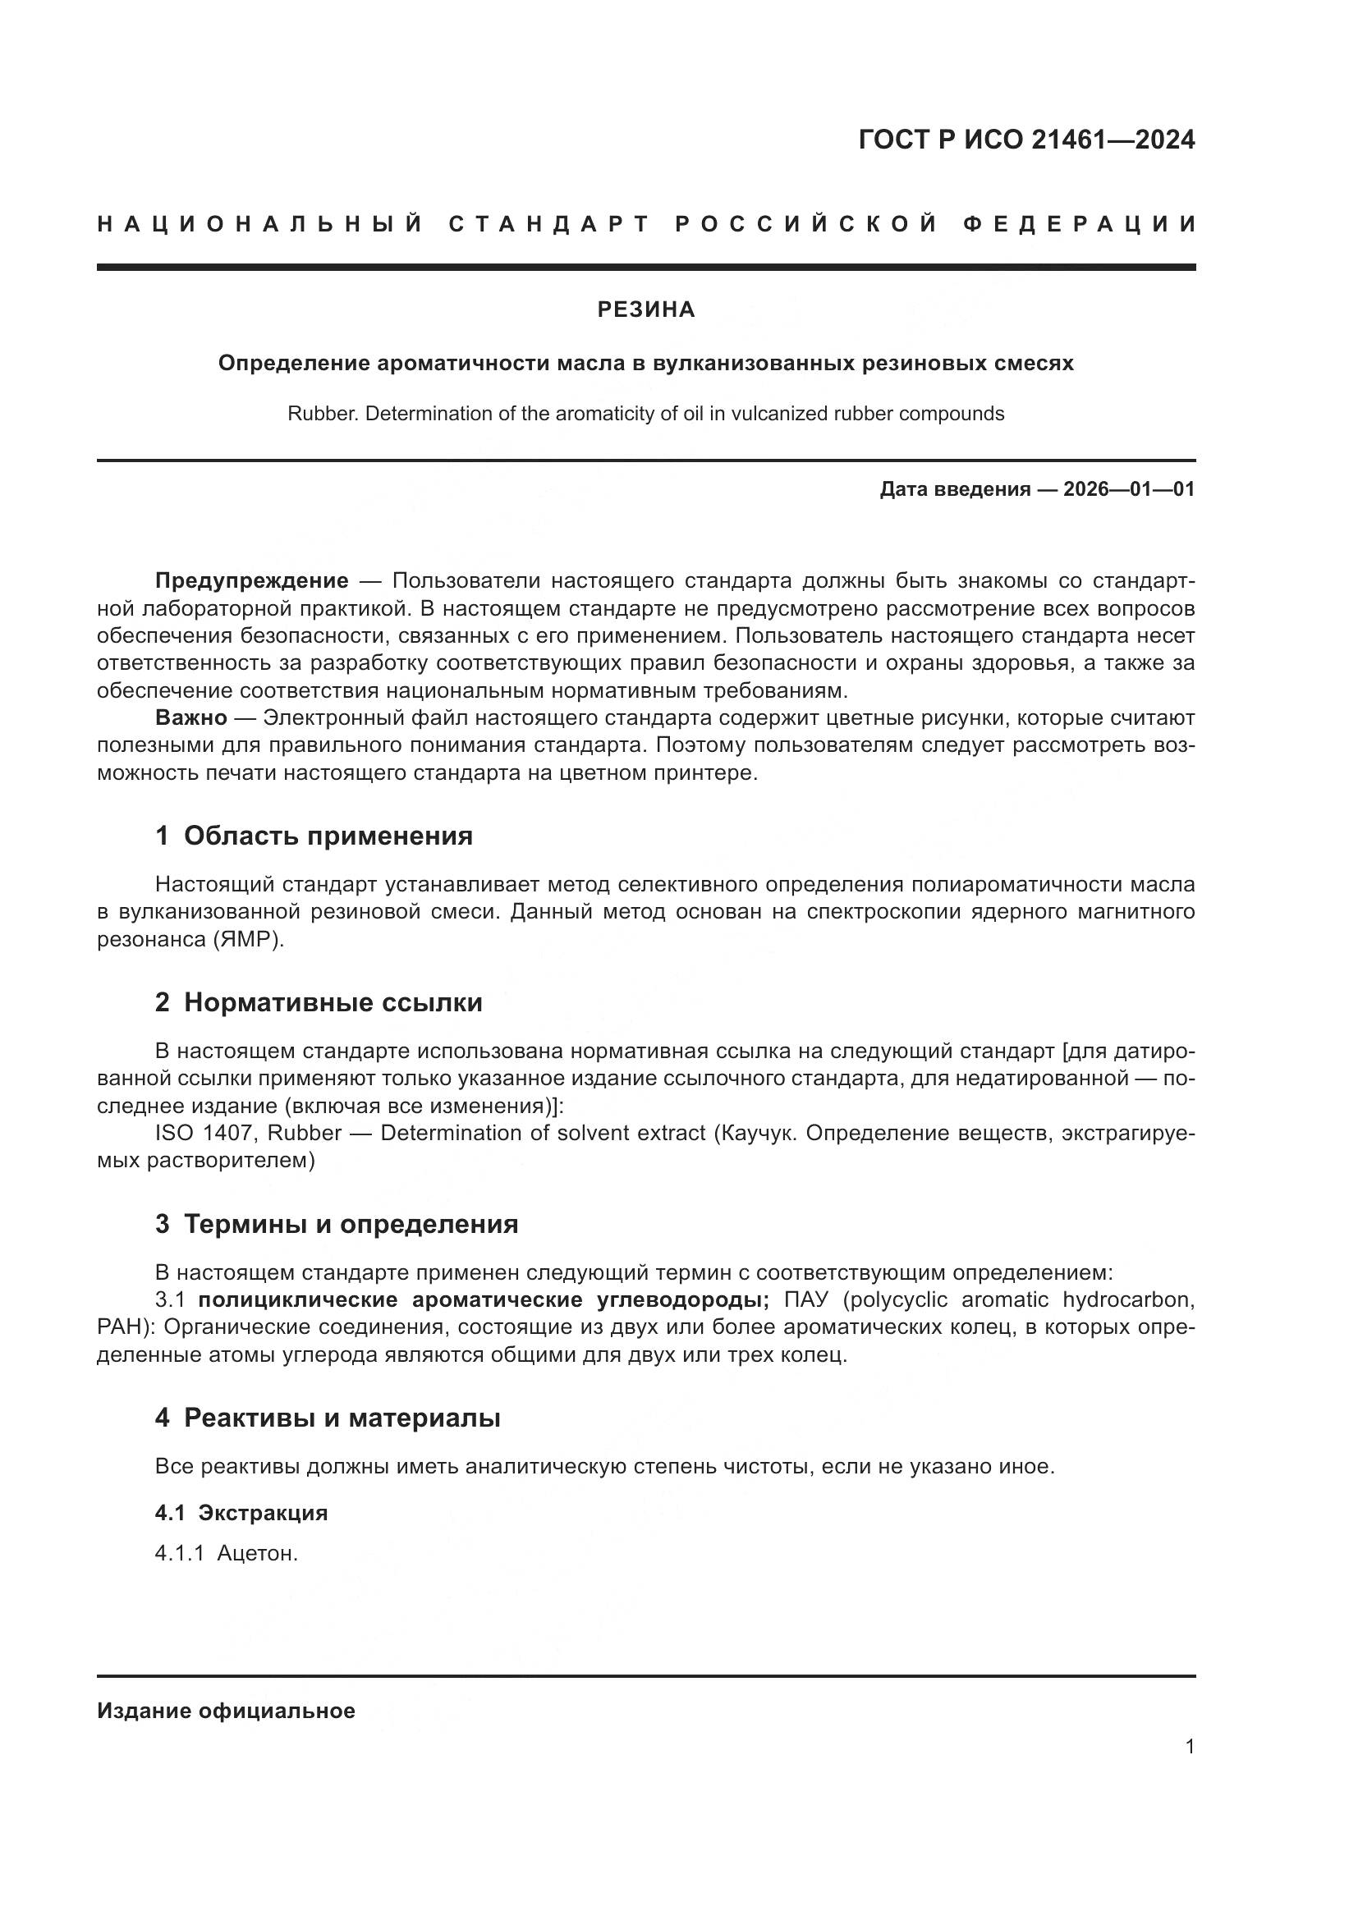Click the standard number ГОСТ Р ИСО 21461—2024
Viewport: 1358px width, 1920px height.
1026,140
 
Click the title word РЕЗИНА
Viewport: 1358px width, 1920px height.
645,310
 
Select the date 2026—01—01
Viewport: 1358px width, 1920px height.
1129,489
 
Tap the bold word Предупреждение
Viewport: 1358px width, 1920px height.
252,580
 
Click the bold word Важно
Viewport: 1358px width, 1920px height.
190,717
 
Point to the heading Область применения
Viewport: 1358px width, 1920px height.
328,836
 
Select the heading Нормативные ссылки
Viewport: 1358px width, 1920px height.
333,1001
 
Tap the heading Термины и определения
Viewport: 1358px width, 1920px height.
351,1224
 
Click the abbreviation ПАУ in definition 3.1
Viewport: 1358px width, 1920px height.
809,1299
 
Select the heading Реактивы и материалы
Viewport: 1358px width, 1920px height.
342,1418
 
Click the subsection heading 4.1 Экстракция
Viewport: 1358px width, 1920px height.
241,1513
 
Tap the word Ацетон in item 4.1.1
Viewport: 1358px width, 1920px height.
257,1554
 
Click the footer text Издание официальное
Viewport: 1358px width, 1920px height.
226,1711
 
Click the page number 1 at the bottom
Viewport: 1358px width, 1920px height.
1189,1746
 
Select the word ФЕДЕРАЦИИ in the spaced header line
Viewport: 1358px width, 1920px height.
1080,224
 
